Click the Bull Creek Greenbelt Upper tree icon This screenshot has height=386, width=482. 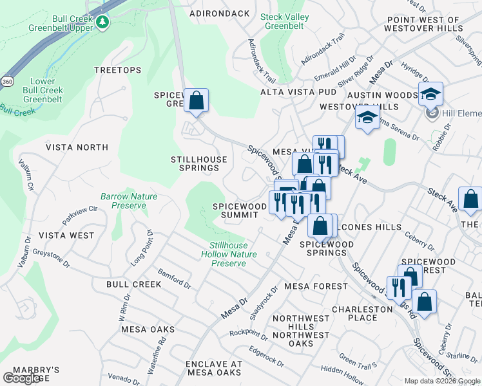(102, 23)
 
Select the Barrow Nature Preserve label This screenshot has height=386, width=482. (129, 201)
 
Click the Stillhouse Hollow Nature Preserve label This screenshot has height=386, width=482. (233, 254)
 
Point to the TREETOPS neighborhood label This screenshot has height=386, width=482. (117, 70)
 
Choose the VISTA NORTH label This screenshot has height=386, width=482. (77, 147)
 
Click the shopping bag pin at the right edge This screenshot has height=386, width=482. (471, 200)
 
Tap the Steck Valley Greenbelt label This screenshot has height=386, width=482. (285, 22)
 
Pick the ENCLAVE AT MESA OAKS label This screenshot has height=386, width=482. (214, 368)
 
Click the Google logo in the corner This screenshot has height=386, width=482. (22, 378)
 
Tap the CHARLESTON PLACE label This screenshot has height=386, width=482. (363, 313)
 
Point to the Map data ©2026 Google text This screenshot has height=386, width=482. (441, 381)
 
